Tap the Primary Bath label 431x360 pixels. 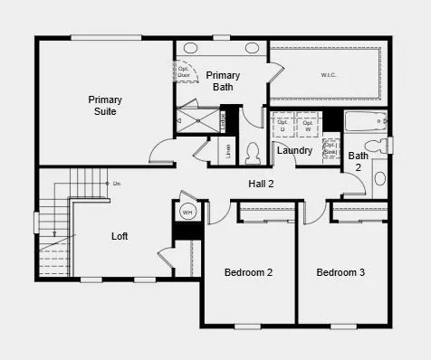pos(223,81)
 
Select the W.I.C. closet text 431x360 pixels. pos(327,74)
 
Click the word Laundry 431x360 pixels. pos(295,150)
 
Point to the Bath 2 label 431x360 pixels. pos(359,161)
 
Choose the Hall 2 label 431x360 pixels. pos(262,184)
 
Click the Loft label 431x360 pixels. pos(120,236)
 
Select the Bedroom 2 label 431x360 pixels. pos(249,271)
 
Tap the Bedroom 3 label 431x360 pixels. pos(341,271)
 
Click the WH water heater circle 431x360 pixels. pos(187,213)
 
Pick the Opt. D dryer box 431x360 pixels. pos(283,125)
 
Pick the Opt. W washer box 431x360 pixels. pos(308,125)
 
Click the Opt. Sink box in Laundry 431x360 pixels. pos(330,148)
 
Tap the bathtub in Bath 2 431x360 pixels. pos(365,121)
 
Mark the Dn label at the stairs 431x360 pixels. pos(117,184)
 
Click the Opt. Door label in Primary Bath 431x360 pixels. pos(184,71)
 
